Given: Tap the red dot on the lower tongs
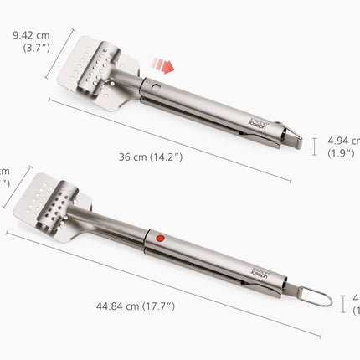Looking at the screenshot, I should [160, 238].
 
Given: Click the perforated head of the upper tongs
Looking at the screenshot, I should [92, 64].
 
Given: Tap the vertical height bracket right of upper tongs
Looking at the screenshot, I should [316, 147].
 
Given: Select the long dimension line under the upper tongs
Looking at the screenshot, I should [167, 138].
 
